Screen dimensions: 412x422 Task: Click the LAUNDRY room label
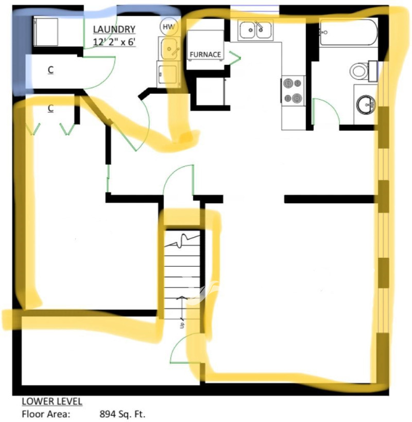(x=114, y=29)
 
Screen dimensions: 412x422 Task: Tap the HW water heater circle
(x=169, y=26)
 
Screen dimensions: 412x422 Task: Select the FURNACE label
(x=205, y=55)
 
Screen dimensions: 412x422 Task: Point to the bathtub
(x=349, y=32)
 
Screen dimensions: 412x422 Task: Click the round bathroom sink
(x=366, y=104)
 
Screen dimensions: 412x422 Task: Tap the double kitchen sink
(x=255, y=30)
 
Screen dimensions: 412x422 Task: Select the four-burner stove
(x=293, y=91)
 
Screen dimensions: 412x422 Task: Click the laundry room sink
(x=169, y=49)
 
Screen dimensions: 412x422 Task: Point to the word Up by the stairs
(x=182, y=325)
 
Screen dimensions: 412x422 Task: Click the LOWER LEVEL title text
(x=52, y=401)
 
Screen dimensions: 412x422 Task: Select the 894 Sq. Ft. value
(x=122, y=414)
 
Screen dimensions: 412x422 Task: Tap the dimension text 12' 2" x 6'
(x=114, y=42)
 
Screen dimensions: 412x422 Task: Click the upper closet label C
(x=50, y=70)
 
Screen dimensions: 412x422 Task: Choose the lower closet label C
(x=50, y=108)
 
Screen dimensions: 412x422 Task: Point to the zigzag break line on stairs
(x=182, y=241)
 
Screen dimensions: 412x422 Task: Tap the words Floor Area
(x=46, y=414)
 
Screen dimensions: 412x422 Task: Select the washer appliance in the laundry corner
(x=46, y=32)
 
